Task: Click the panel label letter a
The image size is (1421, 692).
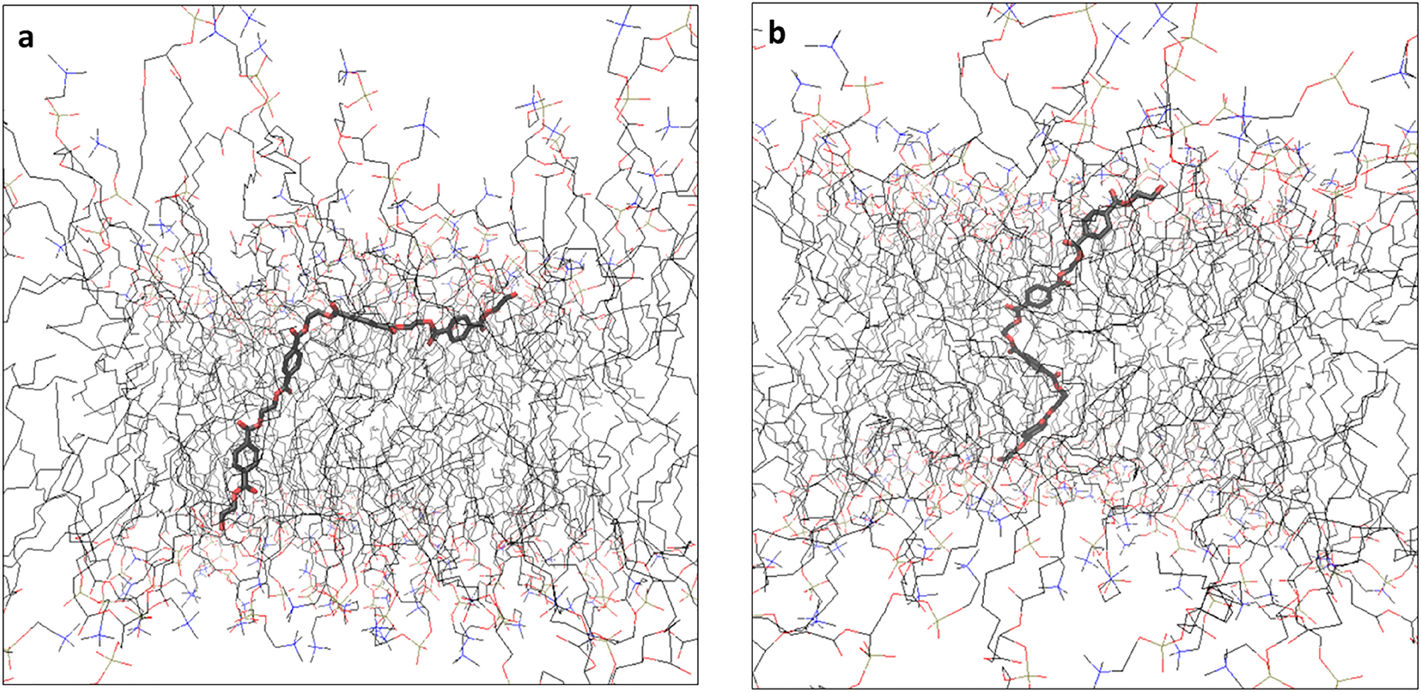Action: tap(26, 38)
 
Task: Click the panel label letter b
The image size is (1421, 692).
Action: tap(777, 33)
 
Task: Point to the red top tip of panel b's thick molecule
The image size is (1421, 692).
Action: tap(1160, 189)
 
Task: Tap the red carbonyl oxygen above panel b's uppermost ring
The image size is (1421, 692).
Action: tap(1114, 194)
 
